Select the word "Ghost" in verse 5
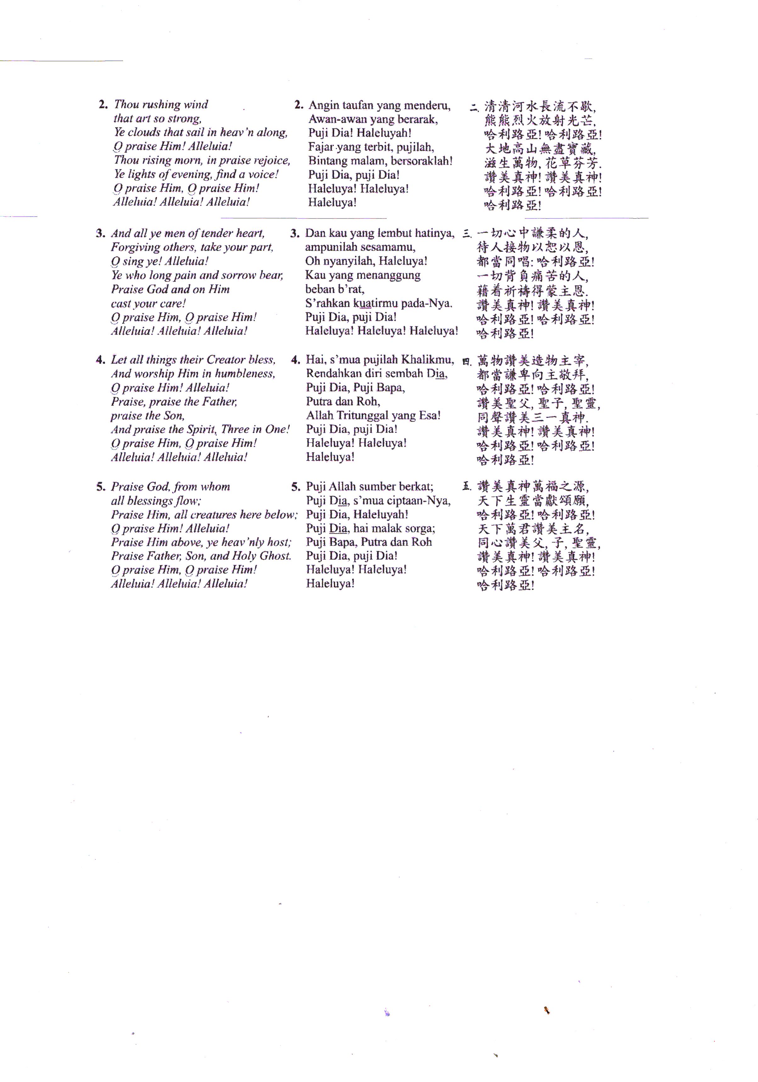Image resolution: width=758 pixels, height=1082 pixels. click(275, 556)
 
